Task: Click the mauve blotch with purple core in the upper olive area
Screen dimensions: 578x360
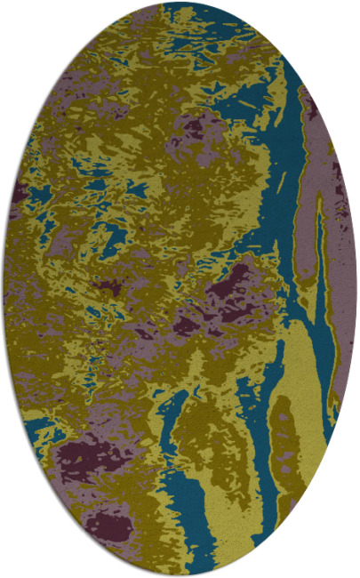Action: [191, 129]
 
